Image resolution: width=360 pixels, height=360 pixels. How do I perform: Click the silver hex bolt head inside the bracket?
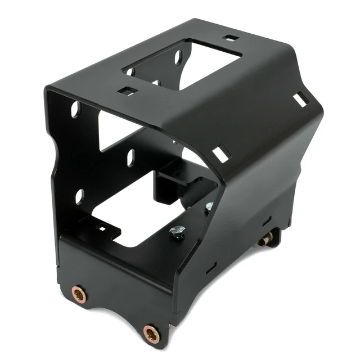178,231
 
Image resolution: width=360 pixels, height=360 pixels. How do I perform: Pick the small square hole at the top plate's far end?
230,38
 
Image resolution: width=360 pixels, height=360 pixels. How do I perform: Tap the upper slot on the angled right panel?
300,99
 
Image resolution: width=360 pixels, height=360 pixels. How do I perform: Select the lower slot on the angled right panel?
221,154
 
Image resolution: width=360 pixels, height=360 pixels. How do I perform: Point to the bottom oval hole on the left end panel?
79,196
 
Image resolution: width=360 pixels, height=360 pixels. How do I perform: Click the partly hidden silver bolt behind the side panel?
209,206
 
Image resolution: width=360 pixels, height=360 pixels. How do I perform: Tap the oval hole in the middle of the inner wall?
130,157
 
